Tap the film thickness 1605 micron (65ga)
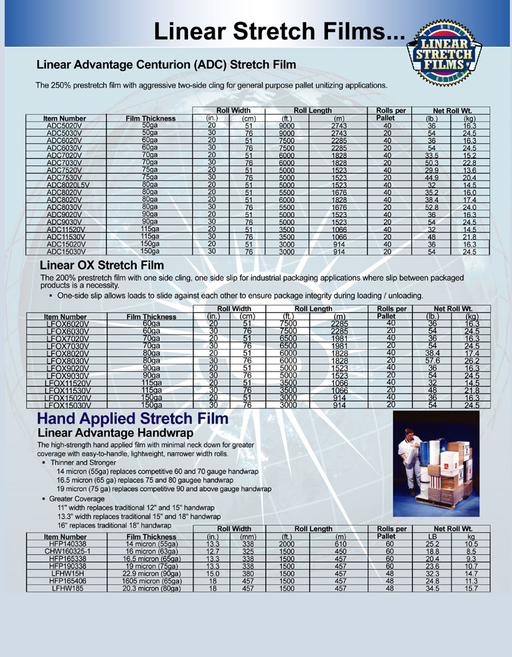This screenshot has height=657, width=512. pyautogui.click(x=151, y=580)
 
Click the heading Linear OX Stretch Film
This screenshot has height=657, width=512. pyautogui.click(x=102, y=266)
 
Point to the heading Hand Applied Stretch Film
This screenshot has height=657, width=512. pyautogui.click(x=133, y=419)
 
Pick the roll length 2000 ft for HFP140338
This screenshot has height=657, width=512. pyautogui.click(x=287, y=543)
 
